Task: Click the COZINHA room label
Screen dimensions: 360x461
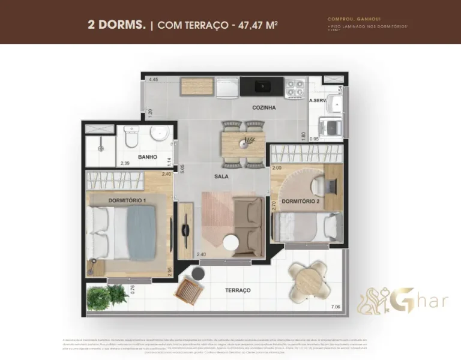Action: pyautogui.click(x=264, y=108)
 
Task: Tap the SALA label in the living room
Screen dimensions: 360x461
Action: pyautogui.click(x=221, y=177)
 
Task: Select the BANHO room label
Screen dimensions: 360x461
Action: pyautogui.click(x=147, y=157)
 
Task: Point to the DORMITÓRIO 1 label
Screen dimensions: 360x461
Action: pyautogui.click(x=127, y=199)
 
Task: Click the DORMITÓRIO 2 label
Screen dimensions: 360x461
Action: pyautogui.click(x=301, y=201)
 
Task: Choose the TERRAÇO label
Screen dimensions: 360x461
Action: pyautogui.click(x=238, y=290)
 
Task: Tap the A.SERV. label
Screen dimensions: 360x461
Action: pyautogui.click(x=318, y=101)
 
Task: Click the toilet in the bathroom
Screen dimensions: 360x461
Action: pyautogui.click(x=130, y=138)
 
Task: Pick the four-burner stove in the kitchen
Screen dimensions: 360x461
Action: pyautogui.click(x=295, y=88)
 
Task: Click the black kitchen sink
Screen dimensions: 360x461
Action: pyautogui.click(x=262, y=86)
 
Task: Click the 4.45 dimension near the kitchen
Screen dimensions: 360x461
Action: pyautogui.click(x=154, y=79)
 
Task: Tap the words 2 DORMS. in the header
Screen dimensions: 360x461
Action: pyautogui.click(x=117, y=25)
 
